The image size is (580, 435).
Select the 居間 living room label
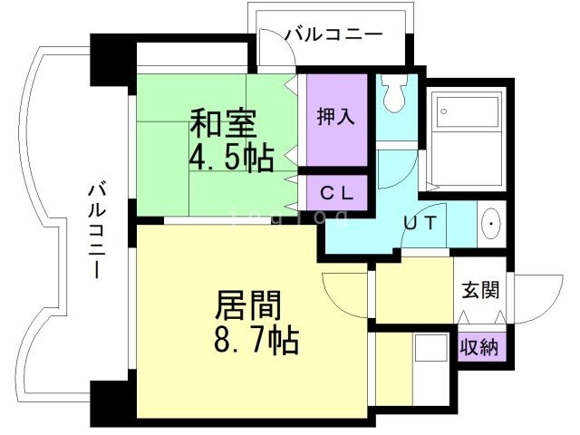[247, 305]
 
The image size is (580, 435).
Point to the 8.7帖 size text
[256, 343]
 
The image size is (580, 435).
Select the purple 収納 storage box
[480, 347]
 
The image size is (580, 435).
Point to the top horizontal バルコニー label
[333, 34]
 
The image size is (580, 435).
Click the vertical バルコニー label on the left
[96, 232]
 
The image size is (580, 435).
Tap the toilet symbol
[395, 92]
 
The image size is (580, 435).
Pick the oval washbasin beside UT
[490, 223]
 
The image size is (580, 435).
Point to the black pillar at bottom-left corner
[112, 400]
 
